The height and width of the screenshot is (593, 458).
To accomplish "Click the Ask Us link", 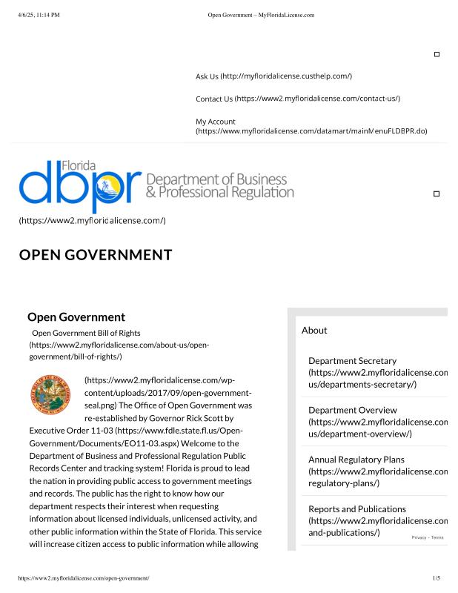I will [207, 76].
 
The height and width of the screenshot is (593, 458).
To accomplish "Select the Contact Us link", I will [213, 99].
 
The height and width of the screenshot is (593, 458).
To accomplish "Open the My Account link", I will [216, 121].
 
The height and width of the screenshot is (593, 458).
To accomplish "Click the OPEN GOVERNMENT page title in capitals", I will [96, 256].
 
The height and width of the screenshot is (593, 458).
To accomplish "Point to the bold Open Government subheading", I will [76, 317].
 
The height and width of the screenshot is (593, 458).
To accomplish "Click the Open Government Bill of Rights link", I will [86, 333].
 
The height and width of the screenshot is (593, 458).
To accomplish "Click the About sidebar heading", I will [314, 330].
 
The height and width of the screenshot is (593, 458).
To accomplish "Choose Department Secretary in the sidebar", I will [352, 361].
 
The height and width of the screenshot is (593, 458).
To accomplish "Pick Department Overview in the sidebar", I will [353, 410].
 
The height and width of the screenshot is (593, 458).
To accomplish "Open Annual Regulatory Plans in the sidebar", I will [356, 460].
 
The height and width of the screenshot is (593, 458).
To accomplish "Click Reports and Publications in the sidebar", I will [357, 509].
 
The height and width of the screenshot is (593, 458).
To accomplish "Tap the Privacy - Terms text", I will [428, 537].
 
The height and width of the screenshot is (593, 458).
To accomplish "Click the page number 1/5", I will [437, 577].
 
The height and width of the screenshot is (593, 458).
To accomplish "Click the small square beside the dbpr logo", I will [436, 193].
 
